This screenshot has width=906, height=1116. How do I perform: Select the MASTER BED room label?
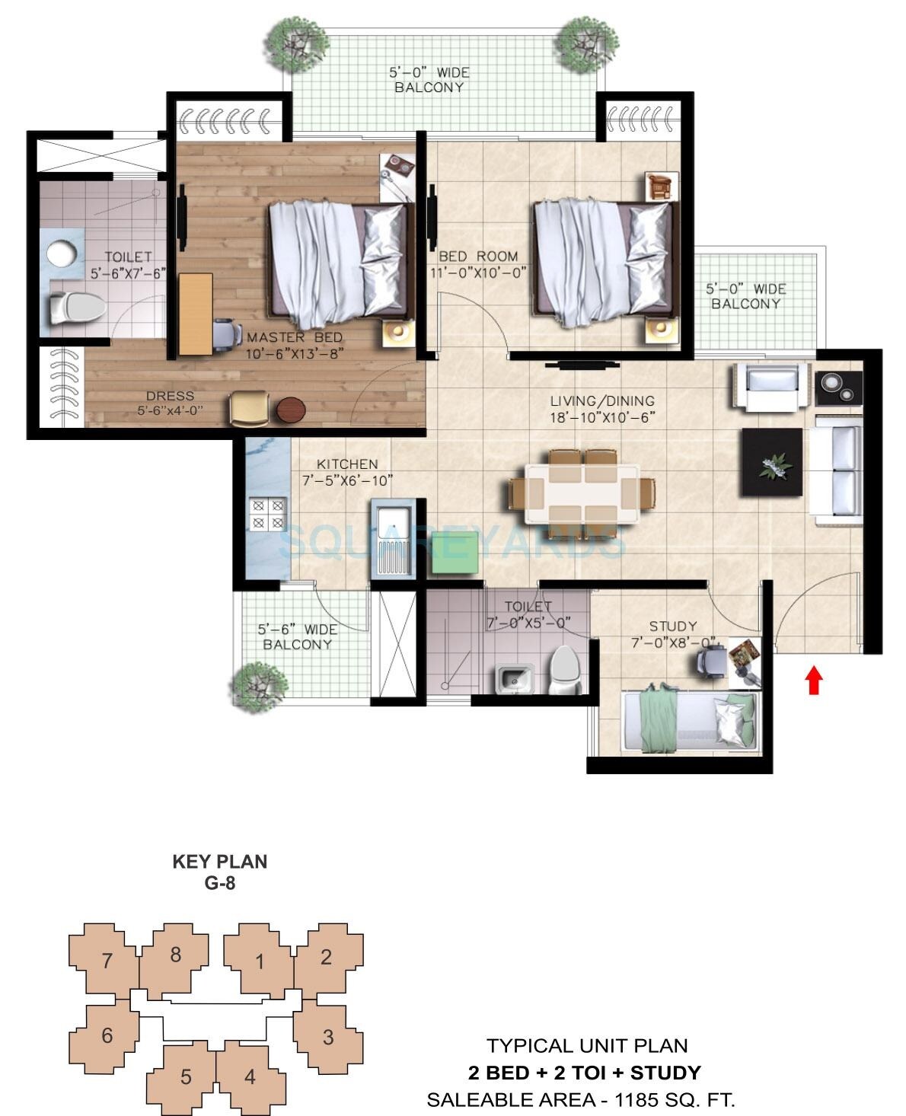pyautogui.click(x=295, y=337)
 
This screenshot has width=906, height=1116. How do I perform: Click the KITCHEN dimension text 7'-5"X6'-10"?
pyautogui.click(x=347, y=480)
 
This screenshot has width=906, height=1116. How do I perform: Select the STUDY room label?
pyautogui.click(x=673, y=627)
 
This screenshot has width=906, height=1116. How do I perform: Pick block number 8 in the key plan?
pyautogui.click(x=176, y=955)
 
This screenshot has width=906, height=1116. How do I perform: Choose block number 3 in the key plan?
pyautogui.click(x=328, y=1037)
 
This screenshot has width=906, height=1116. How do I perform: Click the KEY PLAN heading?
pyautogui.click(x=219, y=862)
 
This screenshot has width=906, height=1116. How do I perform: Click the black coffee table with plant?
pyautogui.click(x=772, y=462)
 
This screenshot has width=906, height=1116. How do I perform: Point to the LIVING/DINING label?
pyautogui.click(x=602, y=400)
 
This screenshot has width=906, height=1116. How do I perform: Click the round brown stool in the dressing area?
pyautogui.click(x=291, y=410)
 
